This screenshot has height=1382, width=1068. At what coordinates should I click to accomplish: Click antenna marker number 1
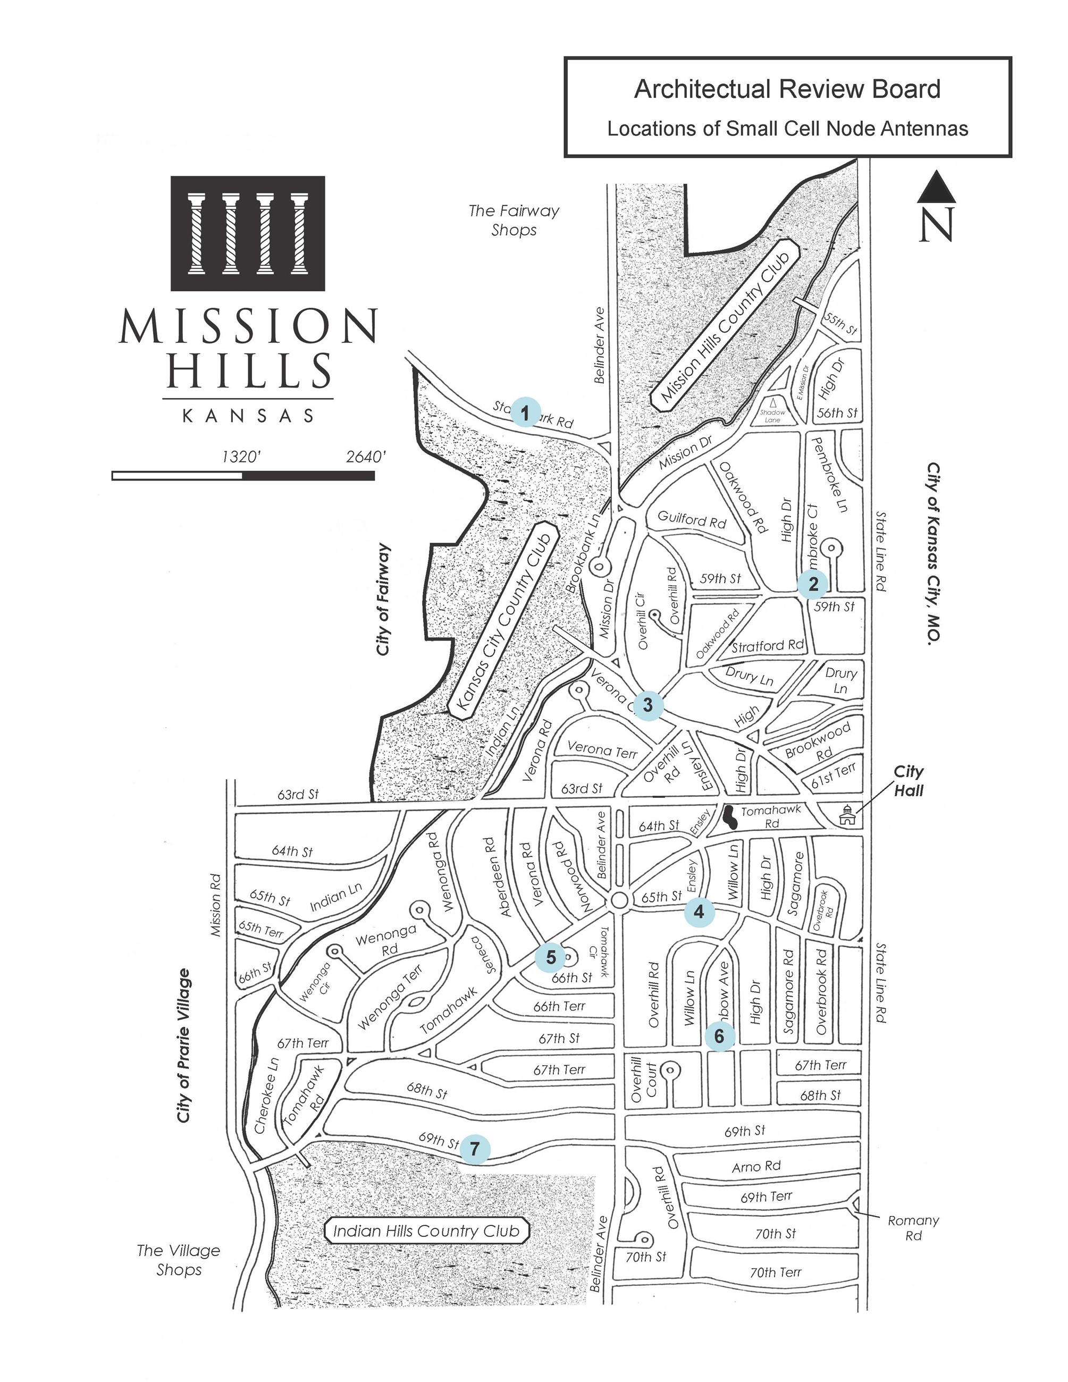pos(525,412)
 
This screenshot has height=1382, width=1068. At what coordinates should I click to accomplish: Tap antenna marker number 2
pos(813,584)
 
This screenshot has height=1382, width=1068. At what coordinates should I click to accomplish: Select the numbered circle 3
pos(648,705)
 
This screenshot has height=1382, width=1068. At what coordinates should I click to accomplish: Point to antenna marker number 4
pos(699,912)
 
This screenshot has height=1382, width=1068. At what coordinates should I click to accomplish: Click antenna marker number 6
pos(719,1036)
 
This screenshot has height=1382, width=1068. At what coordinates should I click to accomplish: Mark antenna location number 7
pos(475,1149)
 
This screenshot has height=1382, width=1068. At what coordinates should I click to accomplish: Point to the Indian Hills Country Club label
pos(426,1231)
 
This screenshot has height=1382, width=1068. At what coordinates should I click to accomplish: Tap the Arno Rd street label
pos(756,1166)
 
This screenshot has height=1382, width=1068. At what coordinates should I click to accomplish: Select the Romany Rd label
pos(913,1228)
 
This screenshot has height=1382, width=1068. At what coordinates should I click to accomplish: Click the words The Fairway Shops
pos(514,220)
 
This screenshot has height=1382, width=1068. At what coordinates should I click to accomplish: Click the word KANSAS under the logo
pos(248,416)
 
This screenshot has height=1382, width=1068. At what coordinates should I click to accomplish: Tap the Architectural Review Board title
pos(787,89)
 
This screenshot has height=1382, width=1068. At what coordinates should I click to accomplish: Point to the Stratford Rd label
pos(768,645)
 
